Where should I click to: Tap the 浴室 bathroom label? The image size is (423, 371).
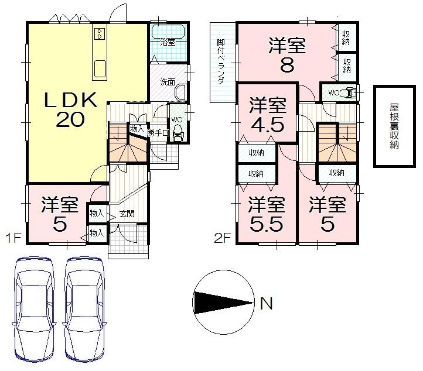[x=168, y=42]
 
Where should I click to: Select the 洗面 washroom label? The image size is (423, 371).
[x=168, y=82]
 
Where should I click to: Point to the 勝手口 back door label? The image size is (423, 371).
[x=158, y=133]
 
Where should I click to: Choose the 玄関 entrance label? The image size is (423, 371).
[x=127, y=214]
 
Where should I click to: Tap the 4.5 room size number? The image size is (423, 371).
[x=267, y=126]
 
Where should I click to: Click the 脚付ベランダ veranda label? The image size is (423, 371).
[x=221, y=63]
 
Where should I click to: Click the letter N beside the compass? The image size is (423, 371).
[x=266, y=304]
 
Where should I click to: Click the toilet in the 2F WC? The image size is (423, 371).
[x=349, y=92]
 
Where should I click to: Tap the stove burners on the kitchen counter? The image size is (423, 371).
[x=100, y=33]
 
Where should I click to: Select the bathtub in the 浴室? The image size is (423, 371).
[x=169, y=31]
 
